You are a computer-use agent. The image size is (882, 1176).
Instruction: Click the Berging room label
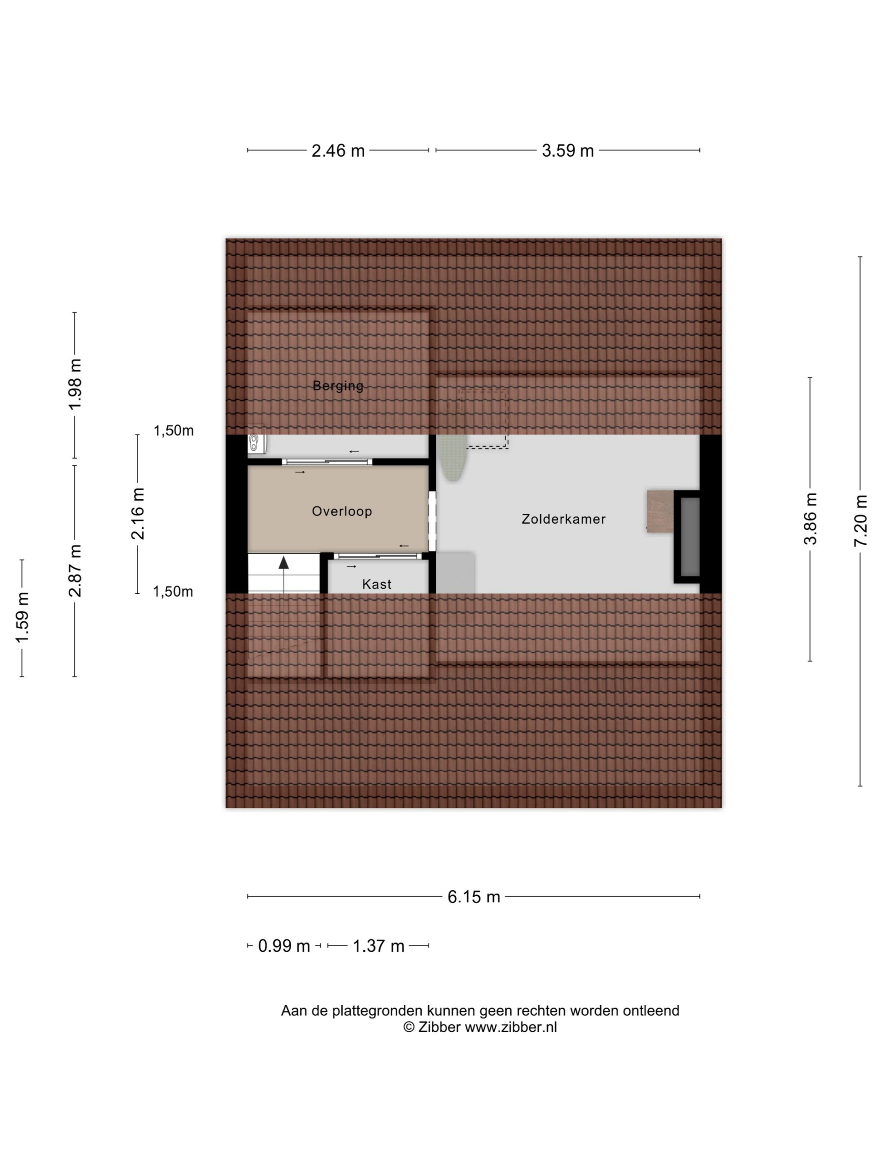(338, 386)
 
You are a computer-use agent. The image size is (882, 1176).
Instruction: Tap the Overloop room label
(341, 511)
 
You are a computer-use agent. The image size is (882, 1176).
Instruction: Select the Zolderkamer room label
(563, 519)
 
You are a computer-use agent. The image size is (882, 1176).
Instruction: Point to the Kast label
(376, 584)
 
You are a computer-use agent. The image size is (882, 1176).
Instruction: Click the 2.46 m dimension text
(338, 151)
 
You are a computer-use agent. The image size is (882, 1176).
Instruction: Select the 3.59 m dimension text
(567, 151)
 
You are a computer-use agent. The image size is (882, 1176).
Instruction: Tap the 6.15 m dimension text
(473, 897)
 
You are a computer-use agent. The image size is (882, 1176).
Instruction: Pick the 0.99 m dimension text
(284, 946)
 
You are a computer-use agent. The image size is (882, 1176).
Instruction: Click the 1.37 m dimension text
(379, 946)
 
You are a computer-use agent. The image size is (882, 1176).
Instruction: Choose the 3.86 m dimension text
(810, 519)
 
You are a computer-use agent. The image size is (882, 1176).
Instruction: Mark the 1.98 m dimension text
(75, 384)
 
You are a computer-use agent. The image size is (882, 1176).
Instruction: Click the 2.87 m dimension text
(75, 570)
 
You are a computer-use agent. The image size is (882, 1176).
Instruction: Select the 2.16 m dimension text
(138, 514)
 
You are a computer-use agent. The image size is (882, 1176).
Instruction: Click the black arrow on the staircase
(284, 563)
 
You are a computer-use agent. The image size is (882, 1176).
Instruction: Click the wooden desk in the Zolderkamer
(660, 511)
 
